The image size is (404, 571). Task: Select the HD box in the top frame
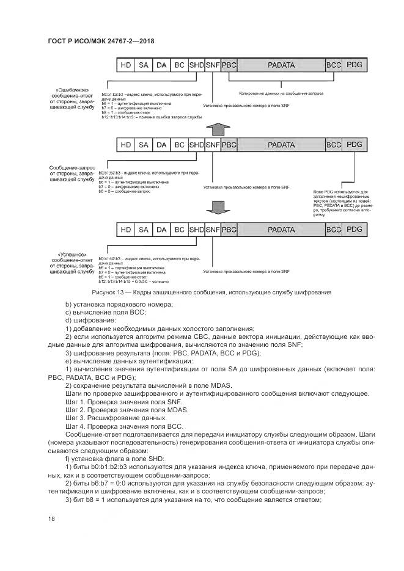126,64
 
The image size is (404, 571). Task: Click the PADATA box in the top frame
281,64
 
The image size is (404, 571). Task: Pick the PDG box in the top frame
354,64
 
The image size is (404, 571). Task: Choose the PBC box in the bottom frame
229,230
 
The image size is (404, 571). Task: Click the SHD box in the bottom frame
196,230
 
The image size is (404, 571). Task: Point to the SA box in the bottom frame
144,230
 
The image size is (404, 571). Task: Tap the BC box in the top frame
179,64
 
